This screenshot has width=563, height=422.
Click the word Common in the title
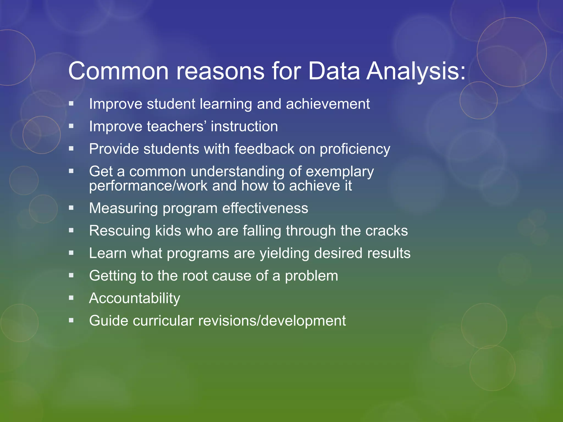[118, 71]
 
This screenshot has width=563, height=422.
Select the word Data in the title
[334, 71]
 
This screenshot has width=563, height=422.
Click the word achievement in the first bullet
[328, 104]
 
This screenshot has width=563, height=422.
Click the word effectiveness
[265, 208]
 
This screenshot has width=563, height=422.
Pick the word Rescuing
[120, 231]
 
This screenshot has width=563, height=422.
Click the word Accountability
[134, 298]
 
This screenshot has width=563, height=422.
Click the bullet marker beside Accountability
[71, 298]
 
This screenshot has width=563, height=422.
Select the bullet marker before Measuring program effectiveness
[71, 208]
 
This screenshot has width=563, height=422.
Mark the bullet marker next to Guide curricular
[71, 320]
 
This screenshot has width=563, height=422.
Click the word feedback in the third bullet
[264, 149]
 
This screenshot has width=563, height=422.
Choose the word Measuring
[123, 208]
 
